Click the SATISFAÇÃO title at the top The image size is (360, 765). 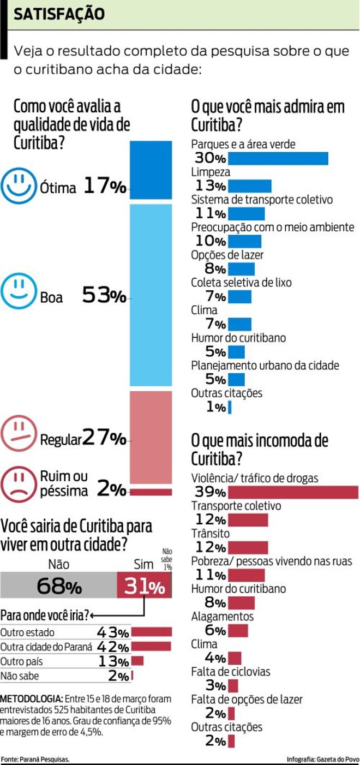tap(58, 14)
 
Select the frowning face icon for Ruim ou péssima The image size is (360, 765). tap(19, 482)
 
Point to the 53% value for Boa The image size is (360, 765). tap(104, 296)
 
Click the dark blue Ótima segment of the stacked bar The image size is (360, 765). tap(151, 170)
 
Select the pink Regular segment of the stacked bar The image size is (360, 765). tap(151, 437)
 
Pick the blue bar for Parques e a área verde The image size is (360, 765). tap(278, 159)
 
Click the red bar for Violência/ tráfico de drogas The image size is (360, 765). tap(293, 492)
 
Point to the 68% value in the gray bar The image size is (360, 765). tap(59, 587)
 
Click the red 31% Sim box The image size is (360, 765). tap(144, 587)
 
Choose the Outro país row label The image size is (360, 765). tap(21, 661)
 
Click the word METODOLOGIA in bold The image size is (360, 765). tap(31, 699)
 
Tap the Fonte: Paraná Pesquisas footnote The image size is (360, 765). tap(35, 759)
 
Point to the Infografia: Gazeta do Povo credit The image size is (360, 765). tap(322, 759)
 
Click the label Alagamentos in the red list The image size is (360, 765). tap(223, 617)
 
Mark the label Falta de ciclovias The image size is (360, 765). tap(230, 672)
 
